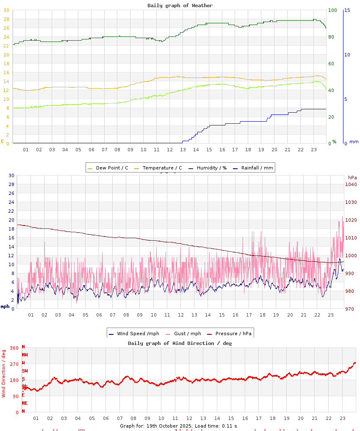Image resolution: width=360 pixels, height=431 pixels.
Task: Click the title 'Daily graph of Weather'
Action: tap(180, 6)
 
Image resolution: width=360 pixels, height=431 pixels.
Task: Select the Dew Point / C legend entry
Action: tap(108, 168)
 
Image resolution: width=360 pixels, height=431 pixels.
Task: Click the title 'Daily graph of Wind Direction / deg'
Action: tap(180, 343)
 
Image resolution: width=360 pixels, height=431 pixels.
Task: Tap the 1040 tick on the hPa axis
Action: tap(351, 184)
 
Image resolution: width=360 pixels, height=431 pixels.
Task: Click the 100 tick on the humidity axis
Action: tap(333, 10)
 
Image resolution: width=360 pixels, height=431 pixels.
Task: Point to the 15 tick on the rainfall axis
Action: tap(347, 10)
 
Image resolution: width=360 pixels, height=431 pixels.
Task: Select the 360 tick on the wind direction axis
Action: tap(14, 348)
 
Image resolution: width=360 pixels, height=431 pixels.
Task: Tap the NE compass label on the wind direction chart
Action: tap(25, 403)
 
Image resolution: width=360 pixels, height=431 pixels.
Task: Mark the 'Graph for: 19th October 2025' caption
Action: tap(156, 426)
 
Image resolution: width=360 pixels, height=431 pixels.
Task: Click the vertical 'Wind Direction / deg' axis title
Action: tap(4, 373)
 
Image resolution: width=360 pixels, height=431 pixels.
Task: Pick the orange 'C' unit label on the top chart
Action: tap(3, 141)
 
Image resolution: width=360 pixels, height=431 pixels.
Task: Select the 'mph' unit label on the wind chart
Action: tap(5, 306)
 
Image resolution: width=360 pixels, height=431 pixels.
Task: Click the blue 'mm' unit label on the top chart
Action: tap(354, 142)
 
